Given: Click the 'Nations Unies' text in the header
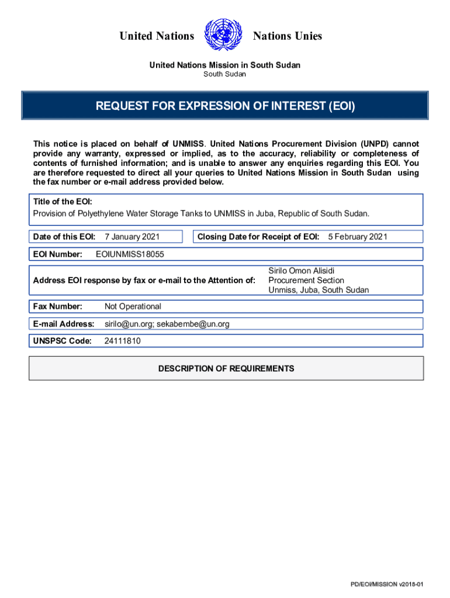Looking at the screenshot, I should tap(287, 36).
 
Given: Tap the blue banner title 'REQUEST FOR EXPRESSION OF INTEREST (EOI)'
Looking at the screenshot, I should tap(225, 106).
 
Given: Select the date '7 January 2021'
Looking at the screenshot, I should tap(132, 237).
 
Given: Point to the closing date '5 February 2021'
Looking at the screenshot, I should tap(358, 237).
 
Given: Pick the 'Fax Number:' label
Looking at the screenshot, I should tap(57, 307).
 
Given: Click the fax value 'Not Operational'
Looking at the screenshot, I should tap(133, 307).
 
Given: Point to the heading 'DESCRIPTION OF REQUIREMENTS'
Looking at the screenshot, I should tap(226, 368).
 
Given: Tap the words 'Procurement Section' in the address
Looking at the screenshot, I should tap(306, 280).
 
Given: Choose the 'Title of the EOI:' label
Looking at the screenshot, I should tap(63, 201).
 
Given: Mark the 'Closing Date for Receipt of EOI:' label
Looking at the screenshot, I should tap(258, 237).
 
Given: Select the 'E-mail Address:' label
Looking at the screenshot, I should tap(64, 324).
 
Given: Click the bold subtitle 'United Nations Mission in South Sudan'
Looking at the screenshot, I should tap(225, 65).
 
